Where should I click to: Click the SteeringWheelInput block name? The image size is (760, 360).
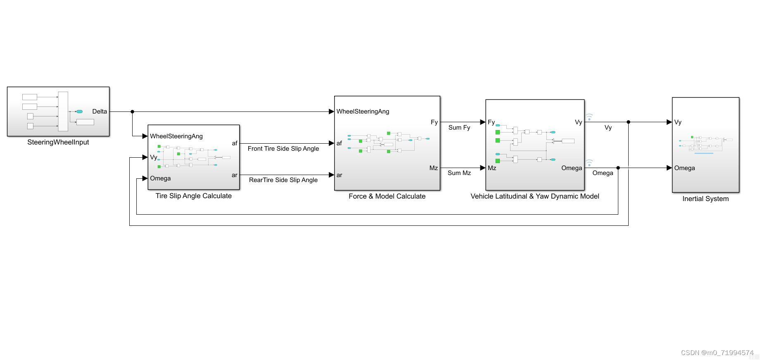58,142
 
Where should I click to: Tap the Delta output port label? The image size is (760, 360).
100,111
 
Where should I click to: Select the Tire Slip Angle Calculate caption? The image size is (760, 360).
193,196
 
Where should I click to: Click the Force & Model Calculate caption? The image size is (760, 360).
387,197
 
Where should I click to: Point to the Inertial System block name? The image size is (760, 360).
705,199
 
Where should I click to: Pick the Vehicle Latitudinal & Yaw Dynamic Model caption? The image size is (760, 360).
535,197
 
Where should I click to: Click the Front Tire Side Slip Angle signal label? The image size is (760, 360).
283,149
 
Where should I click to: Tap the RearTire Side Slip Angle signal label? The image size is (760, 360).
283,180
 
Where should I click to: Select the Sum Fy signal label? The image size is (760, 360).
459,128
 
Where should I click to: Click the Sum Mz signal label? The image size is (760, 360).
459,173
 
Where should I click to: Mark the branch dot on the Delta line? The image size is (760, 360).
132,111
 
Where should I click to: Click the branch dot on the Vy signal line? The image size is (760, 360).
628,122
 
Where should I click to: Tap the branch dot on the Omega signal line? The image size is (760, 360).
618,168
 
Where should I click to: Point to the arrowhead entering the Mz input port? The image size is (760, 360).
483,168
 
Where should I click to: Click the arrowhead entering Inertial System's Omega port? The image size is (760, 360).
669,168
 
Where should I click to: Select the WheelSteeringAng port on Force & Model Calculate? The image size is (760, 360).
363,111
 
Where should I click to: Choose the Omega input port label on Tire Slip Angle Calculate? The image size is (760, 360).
160,178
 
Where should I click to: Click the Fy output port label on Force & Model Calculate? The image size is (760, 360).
434,122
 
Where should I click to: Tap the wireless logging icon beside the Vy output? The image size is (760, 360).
589,117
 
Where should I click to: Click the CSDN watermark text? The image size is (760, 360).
717,353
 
